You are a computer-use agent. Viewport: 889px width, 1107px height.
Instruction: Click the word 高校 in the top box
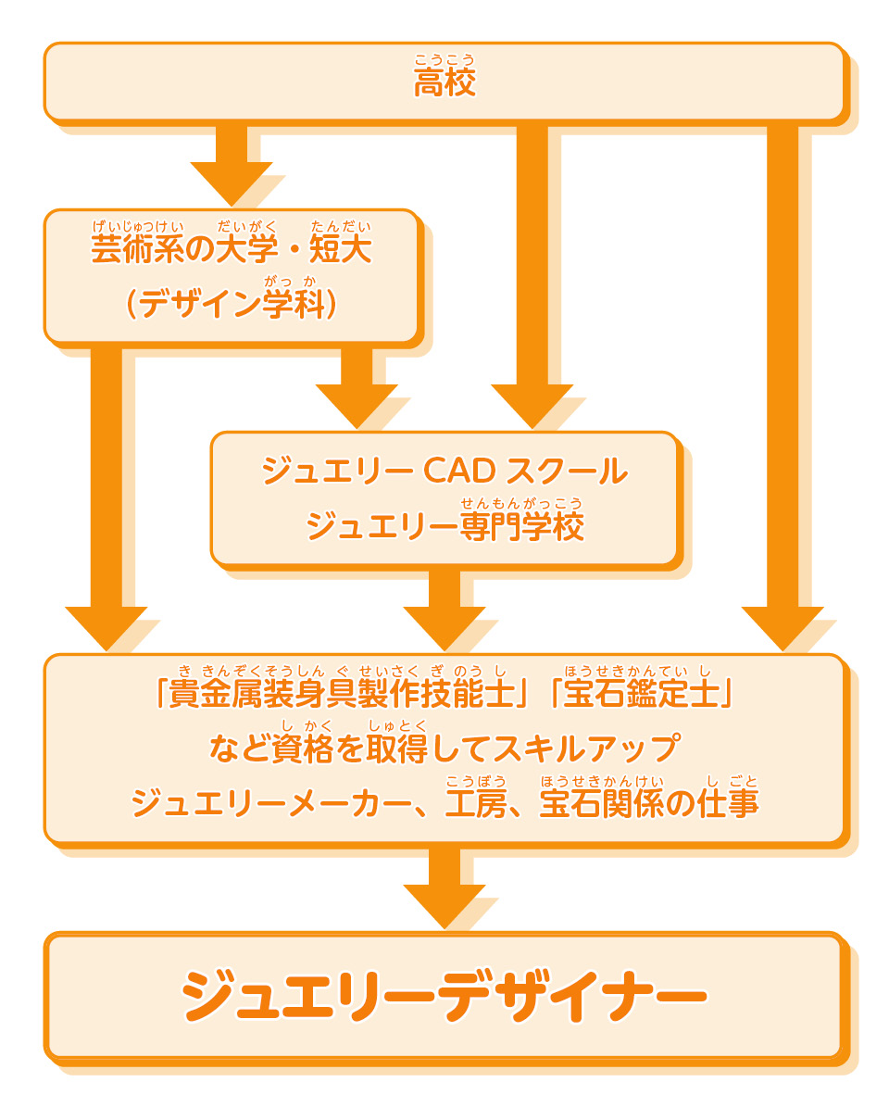444,83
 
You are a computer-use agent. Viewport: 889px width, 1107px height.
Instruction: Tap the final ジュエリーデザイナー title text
444,997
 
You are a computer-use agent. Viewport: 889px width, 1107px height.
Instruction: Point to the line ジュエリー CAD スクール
444,472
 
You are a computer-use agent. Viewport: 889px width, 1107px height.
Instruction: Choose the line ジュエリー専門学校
444,526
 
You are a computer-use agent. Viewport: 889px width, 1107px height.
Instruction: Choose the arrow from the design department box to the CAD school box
357,384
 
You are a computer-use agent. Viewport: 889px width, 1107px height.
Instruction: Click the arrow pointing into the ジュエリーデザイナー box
444,885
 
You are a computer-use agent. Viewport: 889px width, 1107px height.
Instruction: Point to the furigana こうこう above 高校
444,60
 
